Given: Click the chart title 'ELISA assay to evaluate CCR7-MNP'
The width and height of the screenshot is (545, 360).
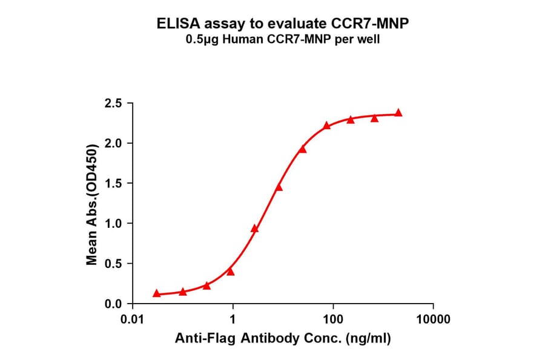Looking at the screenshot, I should point(272,24).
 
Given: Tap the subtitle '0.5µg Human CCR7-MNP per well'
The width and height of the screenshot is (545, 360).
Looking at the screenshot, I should point(272,40).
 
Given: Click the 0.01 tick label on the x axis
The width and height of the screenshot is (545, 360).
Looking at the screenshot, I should point(133,319).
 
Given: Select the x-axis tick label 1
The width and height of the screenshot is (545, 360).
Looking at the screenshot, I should point(233,319).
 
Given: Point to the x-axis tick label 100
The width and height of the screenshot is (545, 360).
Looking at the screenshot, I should point(332,319).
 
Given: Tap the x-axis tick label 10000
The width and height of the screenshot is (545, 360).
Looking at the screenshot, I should point(432,319).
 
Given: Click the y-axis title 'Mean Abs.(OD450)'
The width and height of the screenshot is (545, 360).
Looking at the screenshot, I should point(92,204).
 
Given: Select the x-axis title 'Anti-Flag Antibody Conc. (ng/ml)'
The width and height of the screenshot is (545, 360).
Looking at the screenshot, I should point(283,339).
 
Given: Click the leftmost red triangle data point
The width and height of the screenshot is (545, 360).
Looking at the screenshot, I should point(157,293).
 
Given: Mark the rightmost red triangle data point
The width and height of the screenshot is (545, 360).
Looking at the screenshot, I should point(398,113).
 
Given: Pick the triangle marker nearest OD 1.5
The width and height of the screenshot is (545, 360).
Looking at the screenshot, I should point(279,187).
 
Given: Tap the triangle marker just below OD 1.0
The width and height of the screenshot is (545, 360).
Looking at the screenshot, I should point(255,228).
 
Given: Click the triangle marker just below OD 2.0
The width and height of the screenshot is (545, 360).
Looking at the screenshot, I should point(302,149).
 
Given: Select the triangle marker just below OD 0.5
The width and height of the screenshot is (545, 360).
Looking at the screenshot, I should point(230,272).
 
